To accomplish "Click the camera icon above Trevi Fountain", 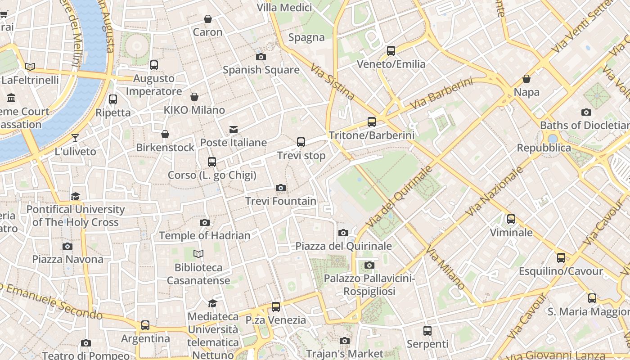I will [x=281, y=188].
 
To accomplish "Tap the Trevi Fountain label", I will [x=281, y=201].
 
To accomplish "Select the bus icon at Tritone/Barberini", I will [x=372, y=121].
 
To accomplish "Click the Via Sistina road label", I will [x=333, y=81].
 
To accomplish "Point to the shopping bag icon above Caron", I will [x=208, y=19].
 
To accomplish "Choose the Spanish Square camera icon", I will [x=261, y=57].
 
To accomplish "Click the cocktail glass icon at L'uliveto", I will [x=75, y=138].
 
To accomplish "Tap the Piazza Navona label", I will [x=67, y=259].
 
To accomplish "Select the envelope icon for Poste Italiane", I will [x=234, y=130].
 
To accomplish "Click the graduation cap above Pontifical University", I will [x=75, y=196].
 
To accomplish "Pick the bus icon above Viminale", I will [x=511, y=219].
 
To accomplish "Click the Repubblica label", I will [x=544, y=148].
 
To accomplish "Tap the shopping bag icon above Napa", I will [x=526, y=79].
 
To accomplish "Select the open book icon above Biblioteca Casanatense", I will [x=198, y=254].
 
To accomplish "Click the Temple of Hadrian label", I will [x=205, y=235].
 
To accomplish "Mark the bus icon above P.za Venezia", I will [x=276, y=307].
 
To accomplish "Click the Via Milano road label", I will [x=445, y=268].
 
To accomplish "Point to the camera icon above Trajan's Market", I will [x=345, y=341].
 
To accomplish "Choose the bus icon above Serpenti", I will [x=427, y=331].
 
